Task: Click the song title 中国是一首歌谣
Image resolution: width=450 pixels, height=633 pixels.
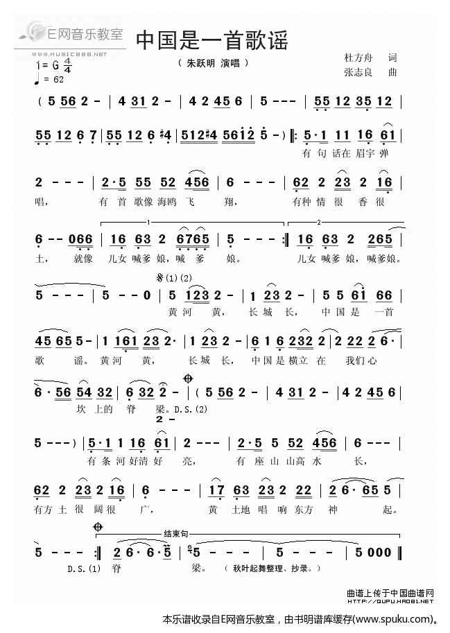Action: click(x=211, y=40)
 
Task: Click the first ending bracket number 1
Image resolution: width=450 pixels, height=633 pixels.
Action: click(x=148, y=222)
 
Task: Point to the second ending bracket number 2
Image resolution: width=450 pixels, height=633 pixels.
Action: click(x=318, y=222)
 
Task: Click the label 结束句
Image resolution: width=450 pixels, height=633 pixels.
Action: click(x=175, y=534)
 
